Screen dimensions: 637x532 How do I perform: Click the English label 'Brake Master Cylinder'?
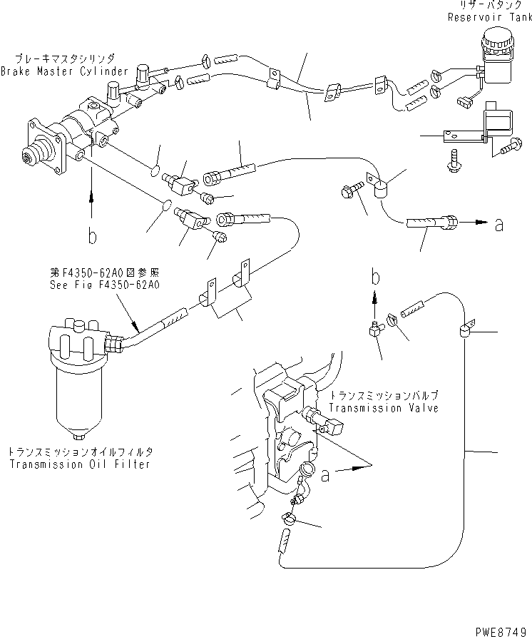coord(65,71)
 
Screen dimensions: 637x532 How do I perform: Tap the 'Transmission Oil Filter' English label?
coord(80,464)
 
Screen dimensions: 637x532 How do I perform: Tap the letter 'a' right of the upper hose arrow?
coord(498,225)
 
